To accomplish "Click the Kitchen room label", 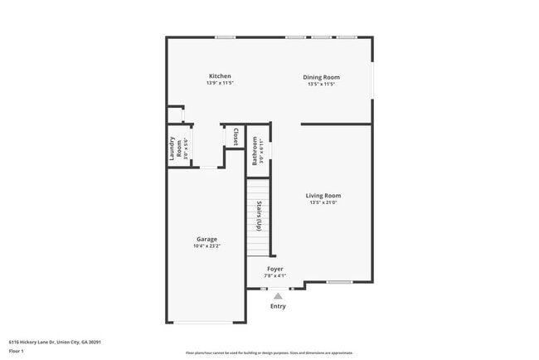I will point(220,76).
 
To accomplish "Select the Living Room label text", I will point(323,196).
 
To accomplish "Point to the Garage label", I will point(206,239).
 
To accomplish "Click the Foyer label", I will point(274,269).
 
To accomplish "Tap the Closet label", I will point(236,137).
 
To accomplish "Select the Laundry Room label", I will point(176,148).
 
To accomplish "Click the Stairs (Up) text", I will point(260,216).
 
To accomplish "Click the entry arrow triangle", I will point(278,295).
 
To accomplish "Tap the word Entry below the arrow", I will point(278,306).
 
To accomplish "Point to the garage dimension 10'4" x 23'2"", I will point(206,246).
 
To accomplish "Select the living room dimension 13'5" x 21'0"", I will point(323,203).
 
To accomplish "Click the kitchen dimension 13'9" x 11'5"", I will point(220,84).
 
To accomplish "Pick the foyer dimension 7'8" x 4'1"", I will point(274,275).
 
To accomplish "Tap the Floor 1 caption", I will point(17,351).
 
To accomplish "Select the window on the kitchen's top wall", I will point(225,37).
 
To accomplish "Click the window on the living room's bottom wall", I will point(339,282).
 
